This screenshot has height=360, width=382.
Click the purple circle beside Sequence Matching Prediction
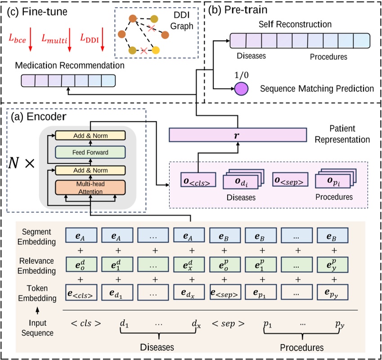(x=241, y=89)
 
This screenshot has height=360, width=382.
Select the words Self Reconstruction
(x=299, y=24)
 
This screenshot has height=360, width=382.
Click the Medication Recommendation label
(x=70, y=66)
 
